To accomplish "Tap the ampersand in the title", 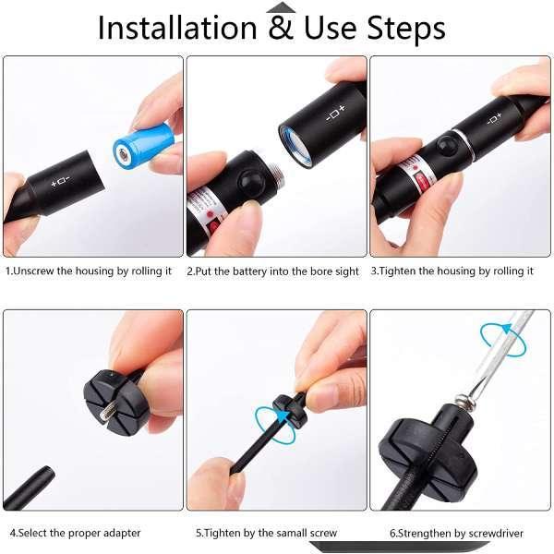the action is click(x=281, y=27).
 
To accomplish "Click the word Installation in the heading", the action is click(x=177, y=28).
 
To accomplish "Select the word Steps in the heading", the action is click(x=406, y=29).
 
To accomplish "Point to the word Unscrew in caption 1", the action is click(x=33, y=271).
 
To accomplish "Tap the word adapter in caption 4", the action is click(x=121, y=533).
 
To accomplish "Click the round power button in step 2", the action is click(x=251, y=182).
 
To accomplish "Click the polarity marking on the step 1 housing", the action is click(x=60, y=182).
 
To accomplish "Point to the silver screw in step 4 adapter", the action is click(x=107, y=414).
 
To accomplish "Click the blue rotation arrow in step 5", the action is click(x=276, y=424).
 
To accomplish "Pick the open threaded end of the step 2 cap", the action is click(x=295, y=146).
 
